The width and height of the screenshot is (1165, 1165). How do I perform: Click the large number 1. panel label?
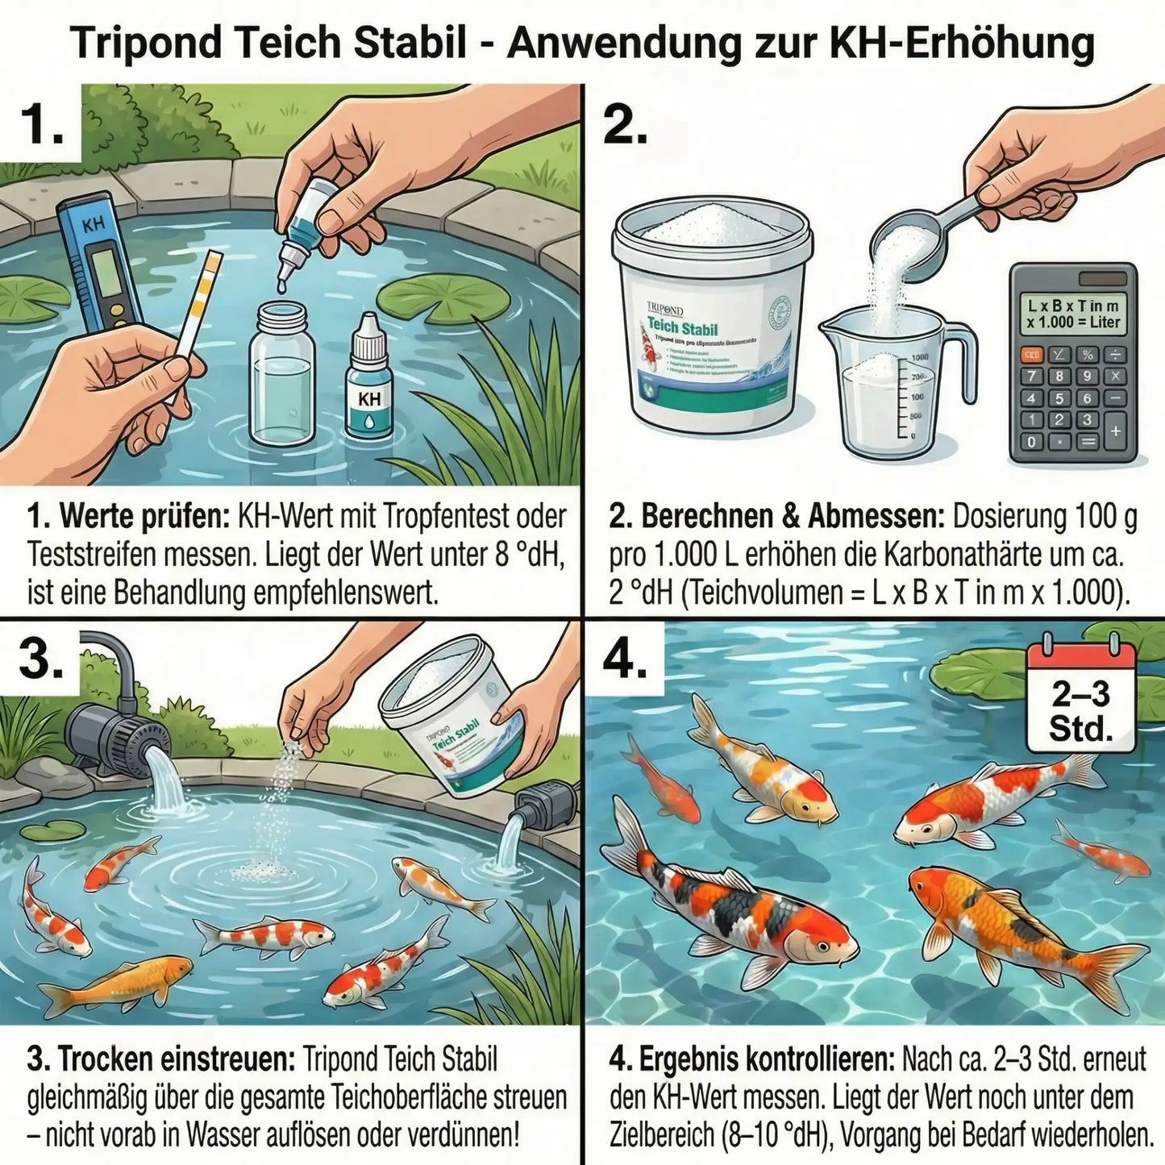point(42,125)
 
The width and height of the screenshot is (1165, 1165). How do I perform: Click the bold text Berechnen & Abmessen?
point(776,517)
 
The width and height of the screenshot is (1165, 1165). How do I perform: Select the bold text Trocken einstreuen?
point(161,1059)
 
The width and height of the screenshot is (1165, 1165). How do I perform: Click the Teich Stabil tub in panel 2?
point(711,318)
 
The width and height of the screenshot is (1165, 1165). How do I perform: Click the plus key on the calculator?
point(1116,431)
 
